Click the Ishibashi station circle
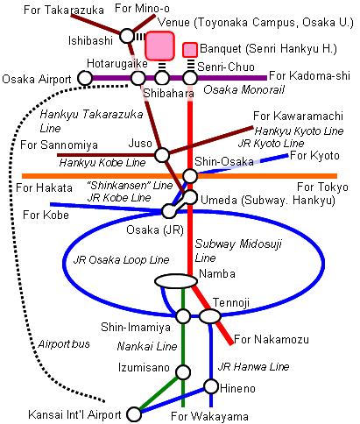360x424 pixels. pyautogui.click(x=127, y=36)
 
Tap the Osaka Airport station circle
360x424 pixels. pyautogui.click(x=85, y=78)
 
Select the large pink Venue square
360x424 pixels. pyautogui.click(x=160, y=46)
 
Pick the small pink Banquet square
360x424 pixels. pyautogui.click(x=190, y=50)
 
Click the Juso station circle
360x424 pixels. pyautogui.click(x=162, y=155)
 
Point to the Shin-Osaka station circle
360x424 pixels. pyautogui.click(x=190, y=176)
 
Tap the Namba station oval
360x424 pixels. pyautogui.click(x=176, y=281)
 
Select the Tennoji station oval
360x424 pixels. pyautogui.click(x=210, y=316)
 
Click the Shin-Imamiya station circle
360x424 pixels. pyautogui.click(x=183, y=316)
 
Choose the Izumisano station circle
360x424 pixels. pyautogui.click(x=183, y=372)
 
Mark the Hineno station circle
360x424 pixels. pyautogui.click(x=211, y=386)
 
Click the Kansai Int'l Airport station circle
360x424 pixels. pyautogui.click(x=134, y=414)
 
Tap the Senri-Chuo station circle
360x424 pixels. pyautogui.click(x=190, y=78)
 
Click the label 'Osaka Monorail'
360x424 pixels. pyautogui.click(x=244, y=89)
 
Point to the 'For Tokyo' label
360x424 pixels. pyautogui.click(x=322, y=187)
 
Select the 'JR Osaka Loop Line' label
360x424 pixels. pyautogui.click(x=121, y=259)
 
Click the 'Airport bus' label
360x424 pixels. pyautogui.click(x=64, y=344)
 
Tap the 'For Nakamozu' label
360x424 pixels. pyautogui.click(x=272, y=339)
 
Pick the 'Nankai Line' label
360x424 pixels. pyautogui.click(x=147, y=346)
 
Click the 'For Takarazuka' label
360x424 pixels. pyautogui.click(x=64, y=10)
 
